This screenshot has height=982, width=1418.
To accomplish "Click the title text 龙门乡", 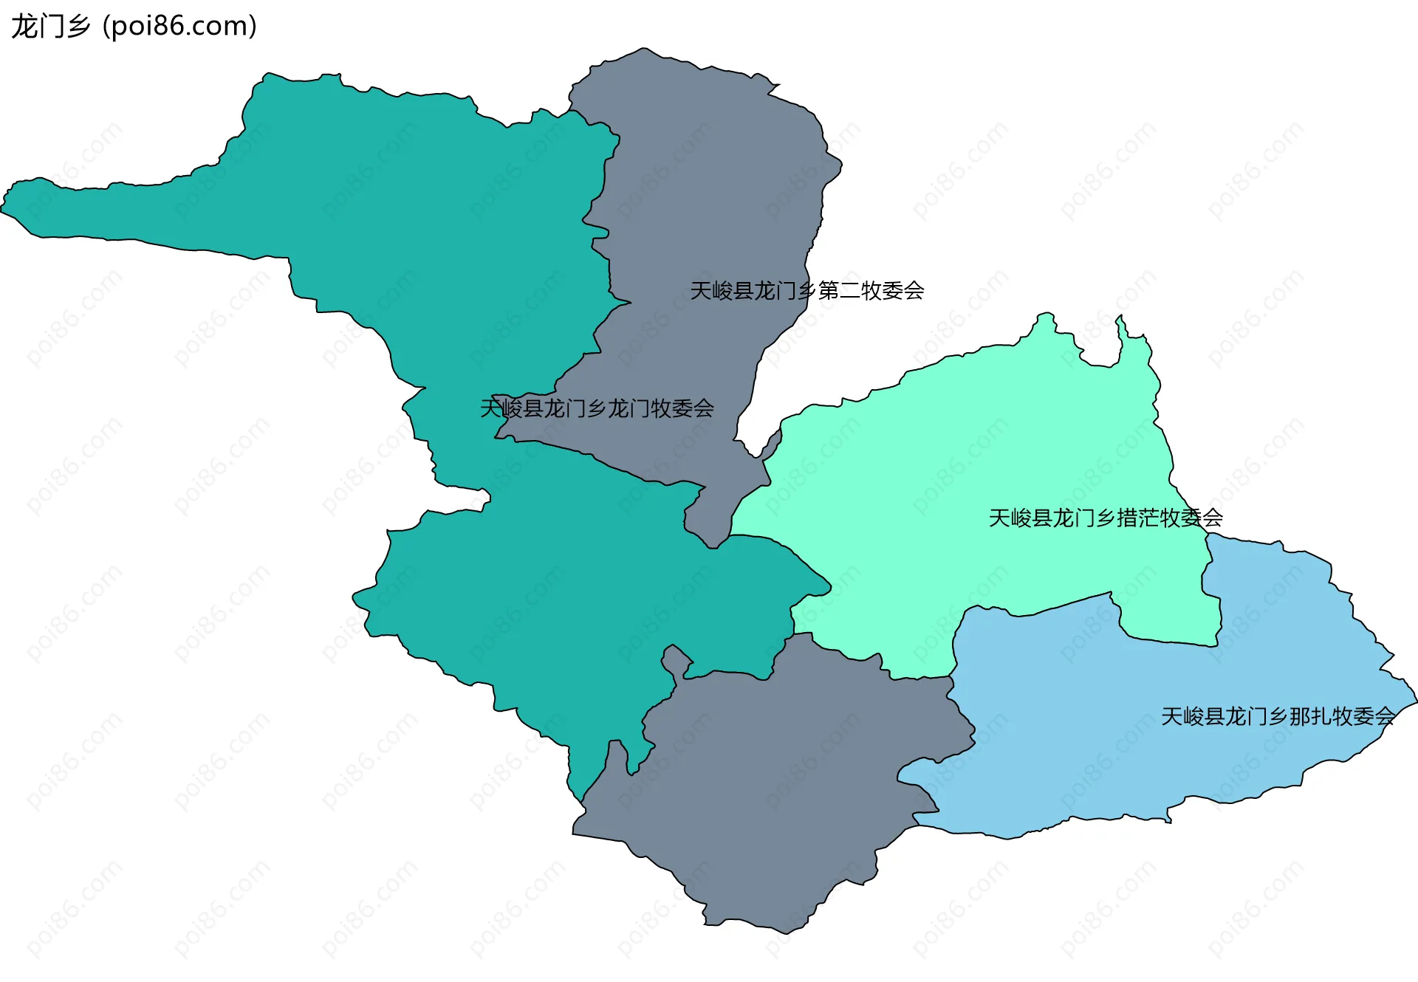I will coord(50,27).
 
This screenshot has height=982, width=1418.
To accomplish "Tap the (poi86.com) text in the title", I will coord(179,27).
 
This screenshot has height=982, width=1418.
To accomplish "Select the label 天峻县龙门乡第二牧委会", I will coord(806,291).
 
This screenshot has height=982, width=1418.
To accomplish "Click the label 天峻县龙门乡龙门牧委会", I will coord(597,408).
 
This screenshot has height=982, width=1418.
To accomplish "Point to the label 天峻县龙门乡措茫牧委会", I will coord(1105,518).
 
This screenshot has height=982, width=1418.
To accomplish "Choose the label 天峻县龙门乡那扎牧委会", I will coord(1278,716).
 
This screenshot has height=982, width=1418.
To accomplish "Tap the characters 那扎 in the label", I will coord(1310,716).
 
